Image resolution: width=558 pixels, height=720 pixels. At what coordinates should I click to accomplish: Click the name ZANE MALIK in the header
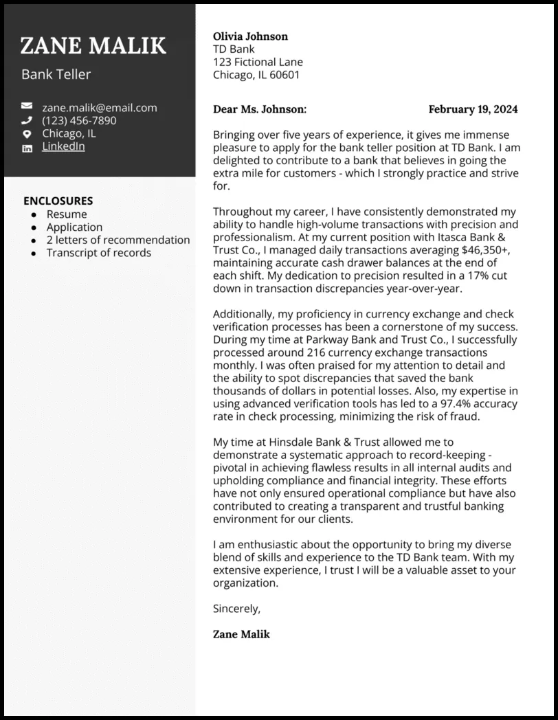click(93, 45)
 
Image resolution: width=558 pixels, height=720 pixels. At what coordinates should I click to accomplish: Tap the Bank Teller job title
click(56, 74)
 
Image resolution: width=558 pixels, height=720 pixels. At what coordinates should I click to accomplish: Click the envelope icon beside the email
click(27, 107)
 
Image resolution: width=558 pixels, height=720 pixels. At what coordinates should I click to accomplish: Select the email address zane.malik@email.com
click(99, 107)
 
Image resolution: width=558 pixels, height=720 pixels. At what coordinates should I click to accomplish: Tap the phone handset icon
click(27, 120)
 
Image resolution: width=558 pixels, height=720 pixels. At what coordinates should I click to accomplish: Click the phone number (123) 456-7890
click(79, 120)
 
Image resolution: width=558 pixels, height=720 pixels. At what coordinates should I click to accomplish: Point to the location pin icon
click(27, 134)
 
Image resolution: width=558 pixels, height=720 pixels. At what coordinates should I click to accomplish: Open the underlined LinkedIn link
click(63, 146)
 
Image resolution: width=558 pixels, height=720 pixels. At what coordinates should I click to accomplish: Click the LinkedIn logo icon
click(27, 148)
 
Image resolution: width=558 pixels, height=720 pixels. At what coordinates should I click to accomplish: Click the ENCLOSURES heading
click(58, 201)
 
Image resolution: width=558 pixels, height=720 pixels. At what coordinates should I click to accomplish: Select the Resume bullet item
click(67, 214)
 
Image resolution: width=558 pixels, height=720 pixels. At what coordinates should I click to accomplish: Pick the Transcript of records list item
click(98, 253)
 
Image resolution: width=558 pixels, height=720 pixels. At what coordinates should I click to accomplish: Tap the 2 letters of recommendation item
click(118, 240)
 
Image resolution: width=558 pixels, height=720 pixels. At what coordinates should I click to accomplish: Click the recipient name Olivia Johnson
click(250, 36)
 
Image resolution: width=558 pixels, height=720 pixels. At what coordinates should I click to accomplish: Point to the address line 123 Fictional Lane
click(258, 62)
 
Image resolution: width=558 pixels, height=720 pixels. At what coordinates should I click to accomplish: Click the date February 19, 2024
click(473, 109)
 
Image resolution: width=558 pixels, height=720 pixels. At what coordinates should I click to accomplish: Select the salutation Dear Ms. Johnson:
click(260, 109)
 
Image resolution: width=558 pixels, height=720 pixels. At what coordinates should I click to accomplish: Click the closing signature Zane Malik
click(241, 633)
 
